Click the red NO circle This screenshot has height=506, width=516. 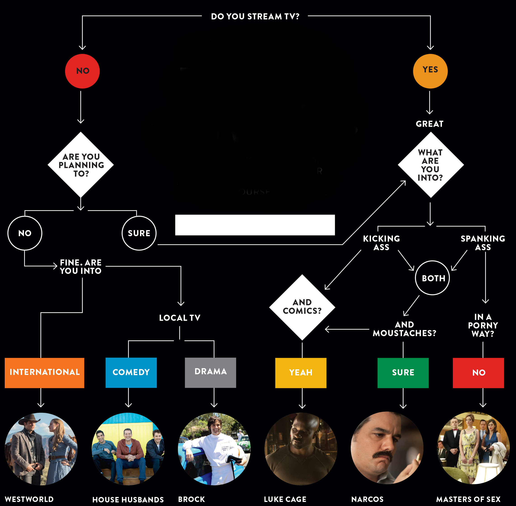coord(82,71)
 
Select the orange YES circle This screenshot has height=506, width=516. coord(430,71)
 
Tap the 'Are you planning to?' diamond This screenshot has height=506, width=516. coord(81,165)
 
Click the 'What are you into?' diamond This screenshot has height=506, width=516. coord(431,165)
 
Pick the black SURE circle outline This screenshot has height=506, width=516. coord(139,233)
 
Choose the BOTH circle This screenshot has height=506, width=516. coord(432,278)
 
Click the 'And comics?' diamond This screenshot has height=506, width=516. coord(302,307)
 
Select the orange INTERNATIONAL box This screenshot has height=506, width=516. coord(44,373)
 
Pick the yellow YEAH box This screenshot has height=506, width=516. coord(301,373)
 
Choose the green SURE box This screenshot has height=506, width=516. coord(403,373)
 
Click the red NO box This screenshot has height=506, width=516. coord(479,373)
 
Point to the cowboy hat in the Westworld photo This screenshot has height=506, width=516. coord(28,419)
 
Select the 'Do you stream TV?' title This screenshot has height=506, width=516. coord(255,16)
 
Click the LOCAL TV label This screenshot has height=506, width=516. coord(180,318)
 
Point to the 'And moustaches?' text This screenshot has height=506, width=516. coord(404,329)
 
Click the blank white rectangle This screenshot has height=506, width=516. coord(255,225)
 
